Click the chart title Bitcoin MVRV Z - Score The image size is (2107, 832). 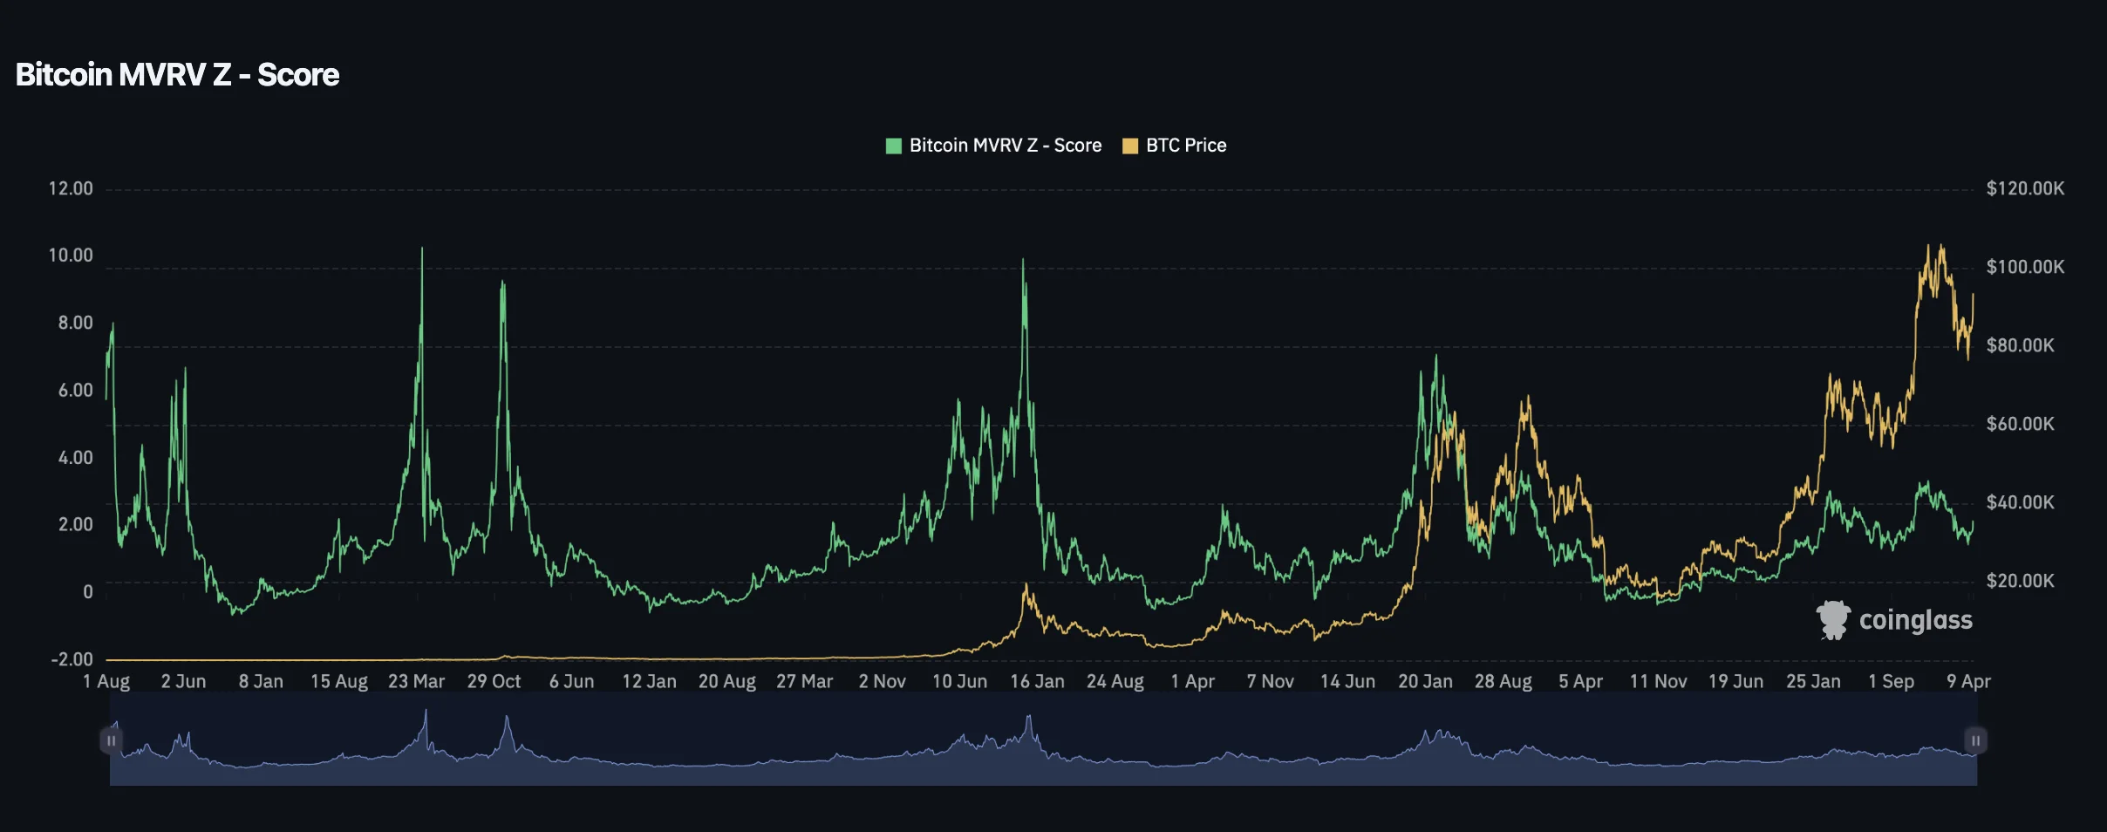[177, 75]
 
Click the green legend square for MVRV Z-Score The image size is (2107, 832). [893, 146]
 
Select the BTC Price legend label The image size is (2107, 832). [1185, 146]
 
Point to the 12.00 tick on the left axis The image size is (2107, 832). [71, 188]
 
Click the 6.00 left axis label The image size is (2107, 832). [75, 391]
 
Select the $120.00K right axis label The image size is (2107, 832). [2024, 188]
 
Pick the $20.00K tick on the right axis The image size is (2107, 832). [2020, 581]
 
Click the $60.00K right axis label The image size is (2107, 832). [2020, 424]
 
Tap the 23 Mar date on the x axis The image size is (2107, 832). [416, 681]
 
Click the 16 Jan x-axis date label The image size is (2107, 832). [1037, 681]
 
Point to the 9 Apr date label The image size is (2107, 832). [1968, 681]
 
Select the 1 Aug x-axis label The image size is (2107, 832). [106, 681]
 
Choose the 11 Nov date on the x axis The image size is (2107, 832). [1658, 681]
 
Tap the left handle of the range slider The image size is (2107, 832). [111, 740]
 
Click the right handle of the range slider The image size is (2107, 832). [1975, 740]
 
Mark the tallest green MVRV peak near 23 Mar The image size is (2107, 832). [422, 249]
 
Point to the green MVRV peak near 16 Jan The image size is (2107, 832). [1023, 260]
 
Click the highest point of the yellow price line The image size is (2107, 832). [1940, 246]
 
